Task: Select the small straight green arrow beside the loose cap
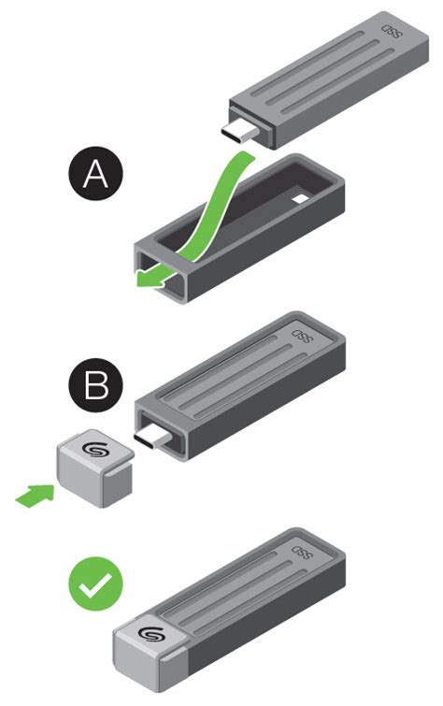click(x=34, y=497)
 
